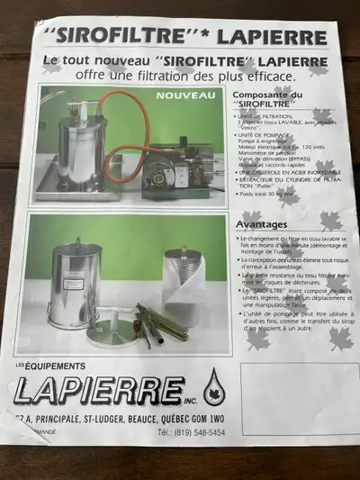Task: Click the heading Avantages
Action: (262, 224)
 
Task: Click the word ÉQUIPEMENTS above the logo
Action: (57, 367)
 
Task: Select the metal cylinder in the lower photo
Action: (76, 278)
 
